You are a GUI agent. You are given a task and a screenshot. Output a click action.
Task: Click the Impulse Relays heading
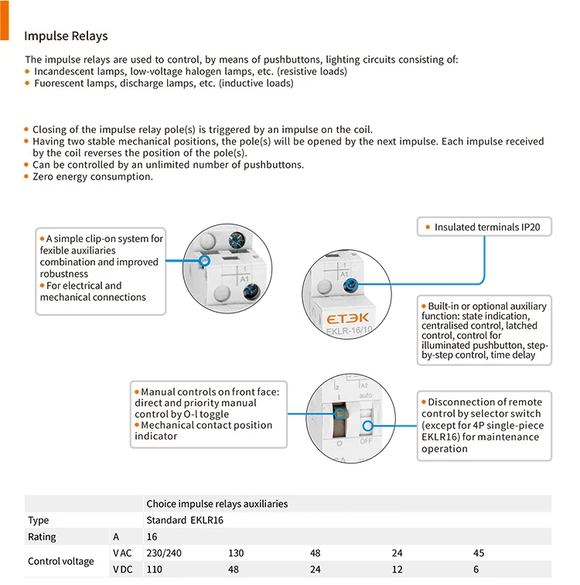pos(66,36)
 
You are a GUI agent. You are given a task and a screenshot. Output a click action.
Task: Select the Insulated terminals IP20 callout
pos(486,227)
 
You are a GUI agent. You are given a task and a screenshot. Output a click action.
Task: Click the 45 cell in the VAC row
pos(479,553)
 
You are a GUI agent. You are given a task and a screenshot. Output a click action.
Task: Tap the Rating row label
pos(42,537)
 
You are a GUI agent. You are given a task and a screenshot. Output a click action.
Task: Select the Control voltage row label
pos(60,562)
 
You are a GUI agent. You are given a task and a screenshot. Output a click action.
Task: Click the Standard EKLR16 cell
pos(185,520)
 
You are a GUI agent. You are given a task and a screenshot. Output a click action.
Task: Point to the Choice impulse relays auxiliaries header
pos(217,504)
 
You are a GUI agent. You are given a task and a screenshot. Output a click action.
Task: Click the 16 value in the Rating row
pos(152,537)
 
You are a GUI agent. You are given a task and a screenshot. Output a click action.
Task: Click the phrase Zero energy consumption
pos(93,176)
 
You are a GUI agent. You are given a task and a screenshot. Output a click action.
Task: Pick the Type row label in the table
pos(39,520)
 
